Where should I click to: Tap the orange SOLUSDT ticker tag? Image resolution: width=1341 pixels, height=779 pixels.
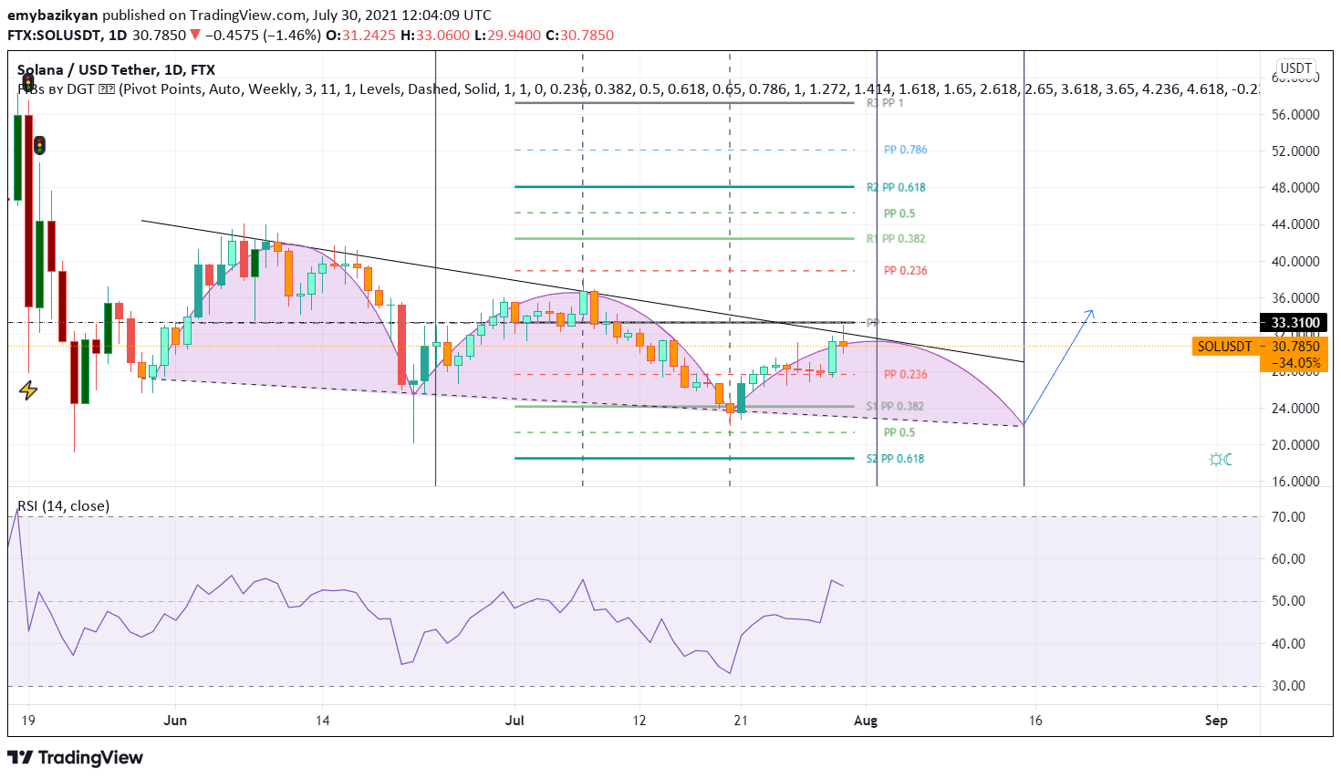[x=1224, y=347]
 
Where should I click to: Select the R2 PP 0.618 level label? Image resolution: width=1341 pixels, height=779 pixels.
[x=896, y=187]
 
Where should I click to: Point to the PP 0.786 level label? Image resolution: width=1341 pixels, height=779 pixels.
[x=905, y=150]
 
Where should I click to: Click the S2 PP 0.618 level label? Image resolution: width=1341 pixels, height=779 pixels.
[x=895, y=459]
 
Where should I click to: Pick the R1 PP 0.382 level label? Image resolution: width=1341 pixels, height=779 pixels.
[x=896, y=239]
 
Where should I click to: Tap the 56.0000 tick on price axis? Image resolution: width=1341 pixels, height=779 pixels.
[x=1295, y=115]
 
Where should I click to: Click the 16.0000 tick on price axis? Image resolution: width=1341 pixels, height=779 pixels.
[x=1295, y=482]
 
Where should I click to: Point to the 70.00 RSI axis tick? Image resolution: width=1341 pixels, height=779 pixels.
[x=1288, y=517]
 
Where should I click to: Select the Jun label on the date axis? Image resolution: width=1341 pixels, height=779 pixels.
[x=175, y=721]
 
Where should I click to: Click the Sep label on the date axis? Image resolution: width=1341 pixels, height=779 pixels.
[x=1216, y=721]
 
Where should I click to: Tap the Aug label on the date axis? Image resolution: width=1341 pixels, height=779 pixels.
[x=866, y=721]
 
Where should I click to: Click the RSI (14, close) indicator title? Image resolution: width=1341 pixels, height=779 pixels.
[x=64, y=506]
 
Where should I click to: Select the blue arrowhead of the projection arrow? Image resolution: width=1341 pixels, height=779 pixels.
[x=1090, y=313]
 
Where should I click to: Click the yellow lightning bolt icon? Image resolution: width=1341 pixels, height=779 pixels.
[x=28, y=390]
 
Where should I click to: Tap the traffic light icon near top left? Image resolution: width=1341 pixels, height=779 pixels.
[x=39, y=145]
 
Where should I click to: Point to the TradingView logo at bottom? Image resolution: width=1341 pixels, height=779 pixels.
[x=76, y=758]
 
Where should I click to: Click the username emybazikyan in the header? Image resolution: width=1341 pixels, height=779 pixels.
[x=53, y=16]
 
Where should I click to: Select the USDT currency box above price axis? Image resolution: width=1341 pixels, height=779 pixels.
[x=1295, y=68]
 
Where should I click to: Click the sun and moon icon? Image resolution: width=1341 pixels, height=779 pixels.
[x=1221, y=459]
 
